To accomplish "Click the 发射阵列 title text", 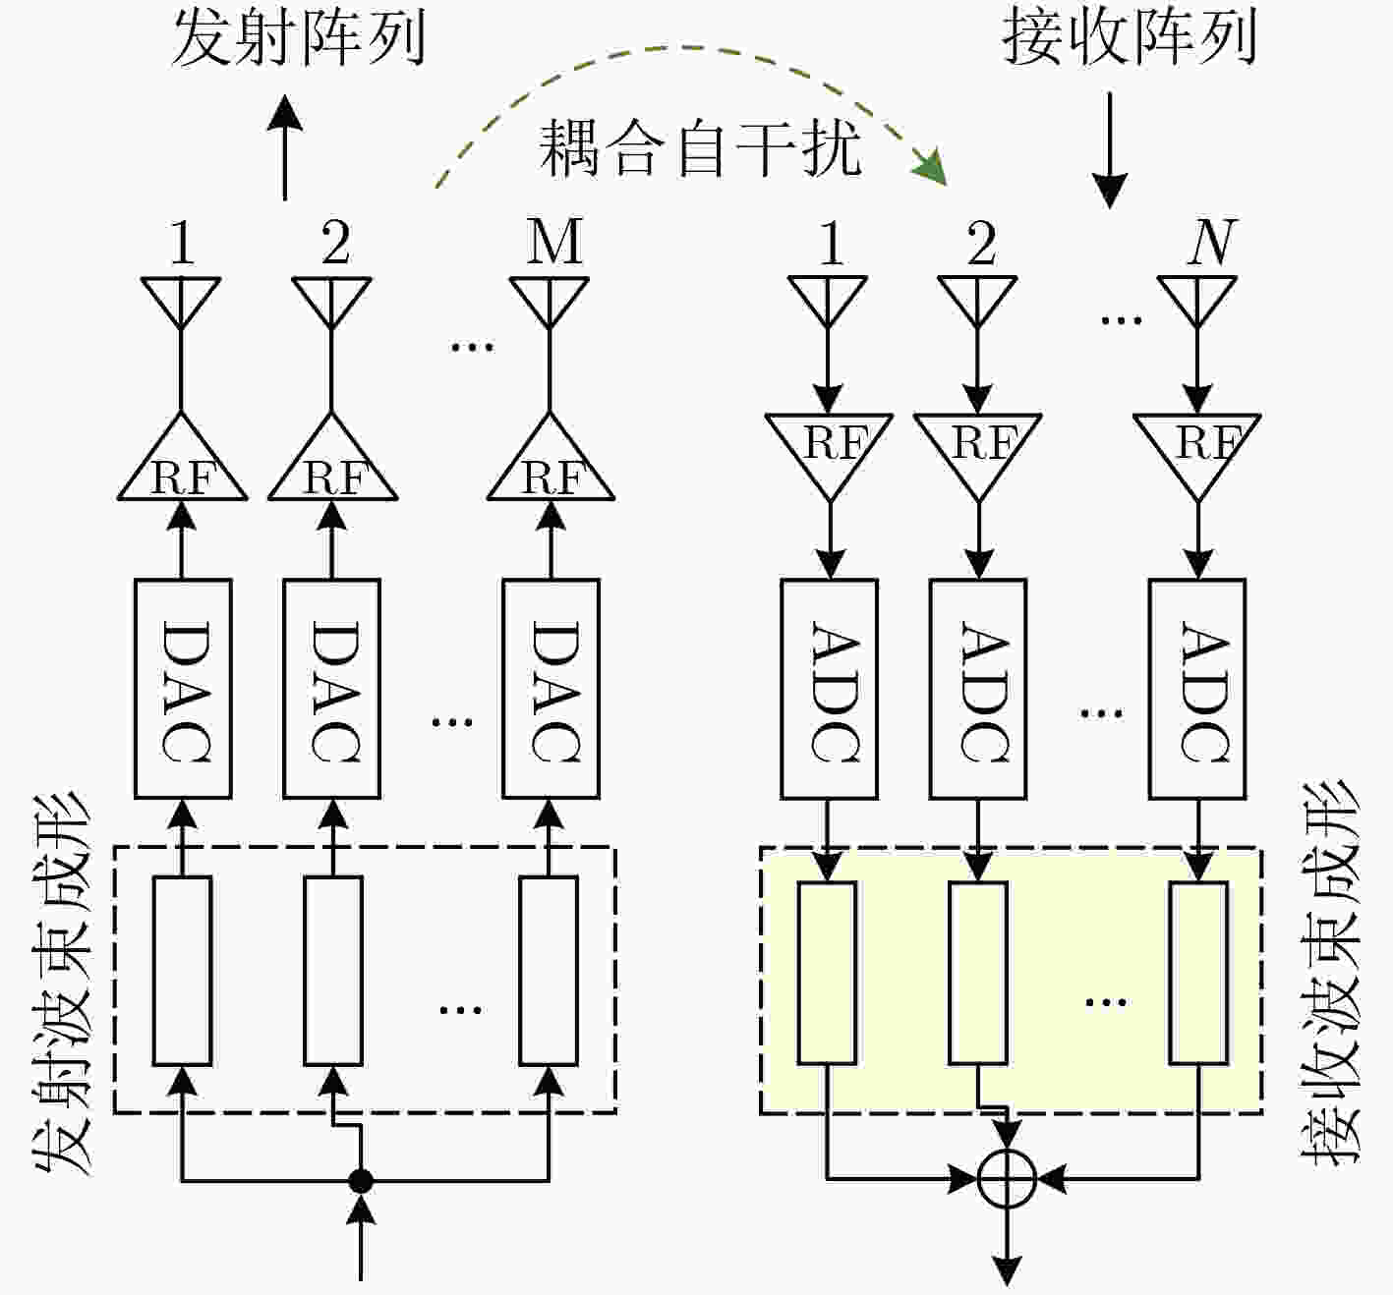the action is coord(298,39).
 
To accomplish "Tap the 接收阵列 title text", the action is coord(1129,38).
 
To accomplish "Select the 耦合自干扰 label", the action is coord(700,147).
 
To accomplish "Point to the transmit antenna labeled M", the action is coord(550,303).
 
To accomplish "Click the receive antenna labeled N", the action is coord(1196,302).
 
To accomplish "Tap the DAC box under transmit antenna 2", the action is coord(331,689).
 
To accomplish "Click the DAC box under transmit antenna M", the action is coord(551,689).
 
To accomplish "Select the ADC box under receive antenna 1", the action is coord(829,689).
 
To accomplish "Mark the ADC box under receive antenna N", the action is coord(1197,689).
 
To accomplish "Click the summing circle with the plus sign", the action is coord(1007,1179).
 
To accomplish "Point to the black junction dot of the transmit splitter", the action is coord(361,1181).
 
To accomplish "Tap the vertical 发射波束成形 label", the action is coord(63,985).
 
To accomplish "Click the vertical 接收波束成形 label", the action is coord(1329,975).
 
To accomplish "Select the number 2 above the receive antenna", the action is coord(981,243).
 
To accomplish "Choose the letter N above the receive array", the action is coord(1212,242).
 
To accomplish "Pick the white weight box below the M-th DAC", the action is coord(549,971).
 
